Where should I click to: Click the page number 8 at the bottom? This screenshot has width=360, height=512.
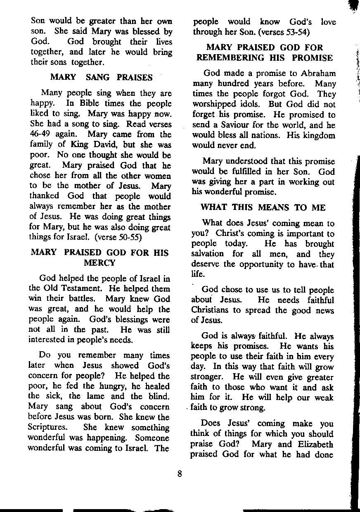tap(180, 474)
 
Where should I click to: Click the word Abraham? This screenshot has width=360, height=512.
tap(318, 74)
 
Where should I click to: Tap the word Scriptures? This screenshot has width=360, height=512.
tap(47, 428)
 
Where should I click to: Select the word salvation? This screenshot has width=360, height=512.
tap(209, 254)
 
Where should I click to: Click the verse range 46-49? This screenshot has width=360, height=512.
tap(39, 135)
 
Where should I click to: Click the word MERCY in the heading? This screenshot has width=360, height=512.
tap(99, 262)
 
